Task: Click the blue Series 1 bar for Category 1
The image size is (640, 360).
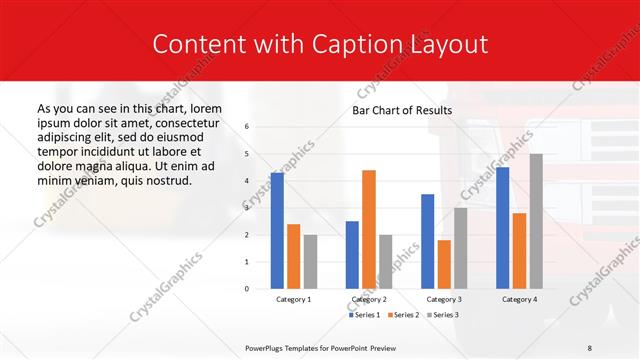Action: click(x=277, y=231)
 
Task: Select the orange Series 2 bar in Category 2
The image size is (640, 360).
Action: click(x=369, y=229)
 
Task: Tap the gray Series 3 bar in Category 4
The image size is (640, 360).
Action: click(x=536, y=221)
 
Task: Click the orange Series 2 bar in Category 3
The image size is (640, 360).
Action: click(x=444, y=264)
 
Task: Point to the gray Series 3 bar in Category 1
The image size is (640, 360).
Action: click(x=310, y=261)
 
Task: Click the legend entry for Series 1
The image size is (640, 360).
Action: click(x=366, y=315)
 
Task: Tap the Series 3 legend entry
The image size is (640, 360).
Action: click(x=442, y=315)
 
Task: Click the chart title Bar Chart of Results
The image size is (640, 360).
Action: click(x=402, y=110)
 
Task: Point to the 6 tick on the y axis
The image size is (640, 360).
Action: click(x=247, y=127)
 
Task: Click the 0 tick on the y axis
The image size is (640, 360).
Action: click(x=247, y=289)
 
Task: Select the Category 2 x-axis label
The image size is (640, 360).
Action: click(x=369, y=299)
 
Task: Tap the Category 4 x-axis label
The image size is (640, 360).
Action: click(x=519, y=299)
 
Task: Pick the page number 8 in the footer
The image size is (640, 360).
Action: click(x=590, y=347)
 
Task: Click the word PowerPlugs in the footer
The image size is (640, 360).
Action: click(x=266, y=347)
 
